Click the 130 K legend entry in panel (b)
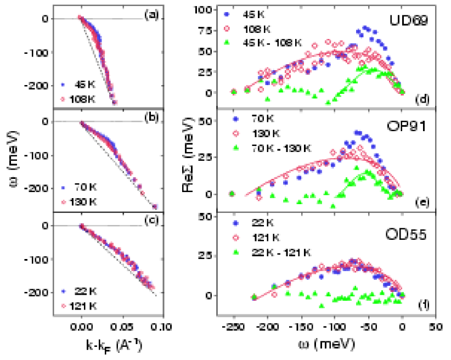coord(81,202)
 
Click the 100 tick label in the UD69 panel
coord(209,10)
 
